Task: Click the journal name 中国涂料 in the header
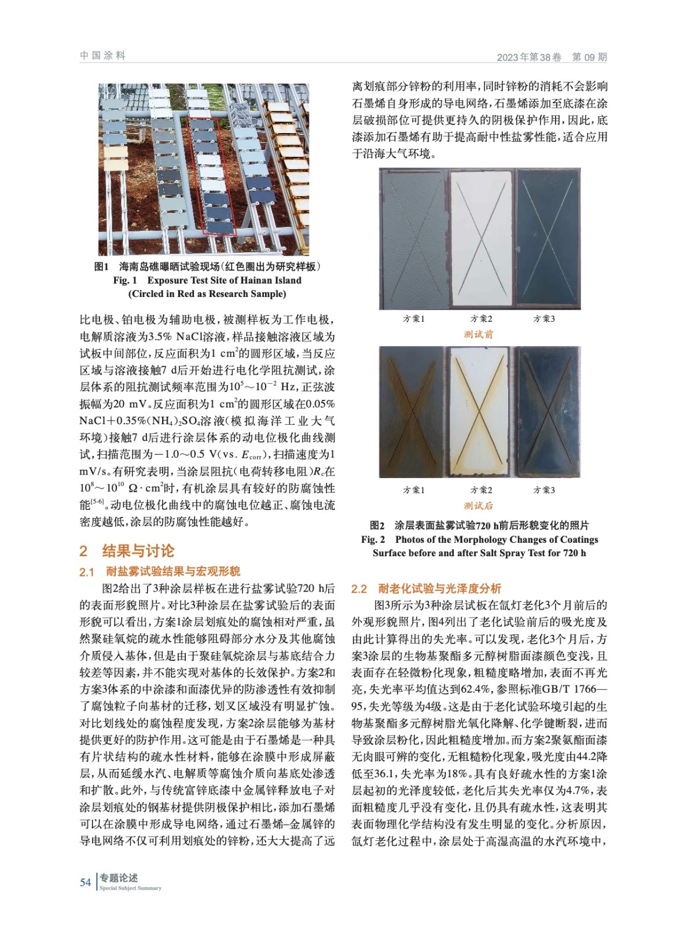click(x=102, y=56)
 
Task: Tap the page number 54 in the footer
click(x=85, y=882)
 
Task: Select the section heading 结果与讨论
click(x=138, y=550)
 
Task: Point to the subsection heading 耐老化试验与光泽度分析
click(x=439, y=589)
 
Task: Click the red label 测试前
click(x=479, y=334)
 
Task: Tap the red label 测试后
click(x=479, y=505)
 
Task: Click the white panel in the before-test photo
click(x=482, y=238)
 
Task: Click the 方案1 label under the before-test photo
click(x=414, y=318)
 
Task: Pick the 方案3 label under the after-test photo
click(x=543, y=490)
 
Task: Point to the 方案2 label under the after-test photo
click(x=481, y=490)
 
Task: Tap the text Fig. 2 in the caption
click(x=373, y=539)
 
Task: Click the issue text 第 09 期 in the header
click(x=589, y=57)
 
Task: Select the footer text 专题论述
click(x=119, y=877)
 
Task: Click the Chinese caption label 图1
click(x=101, y=266)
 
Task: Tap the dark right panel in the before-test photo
click(x=547, y=238)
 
